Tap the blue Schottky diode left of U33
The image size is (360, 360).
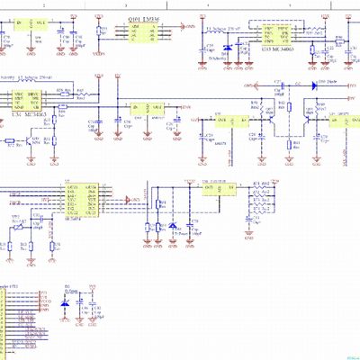[228, 48]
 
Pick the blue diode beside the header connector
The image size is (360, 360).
[63, 305]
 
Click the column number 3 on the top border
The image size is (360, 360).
[124, 4]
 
